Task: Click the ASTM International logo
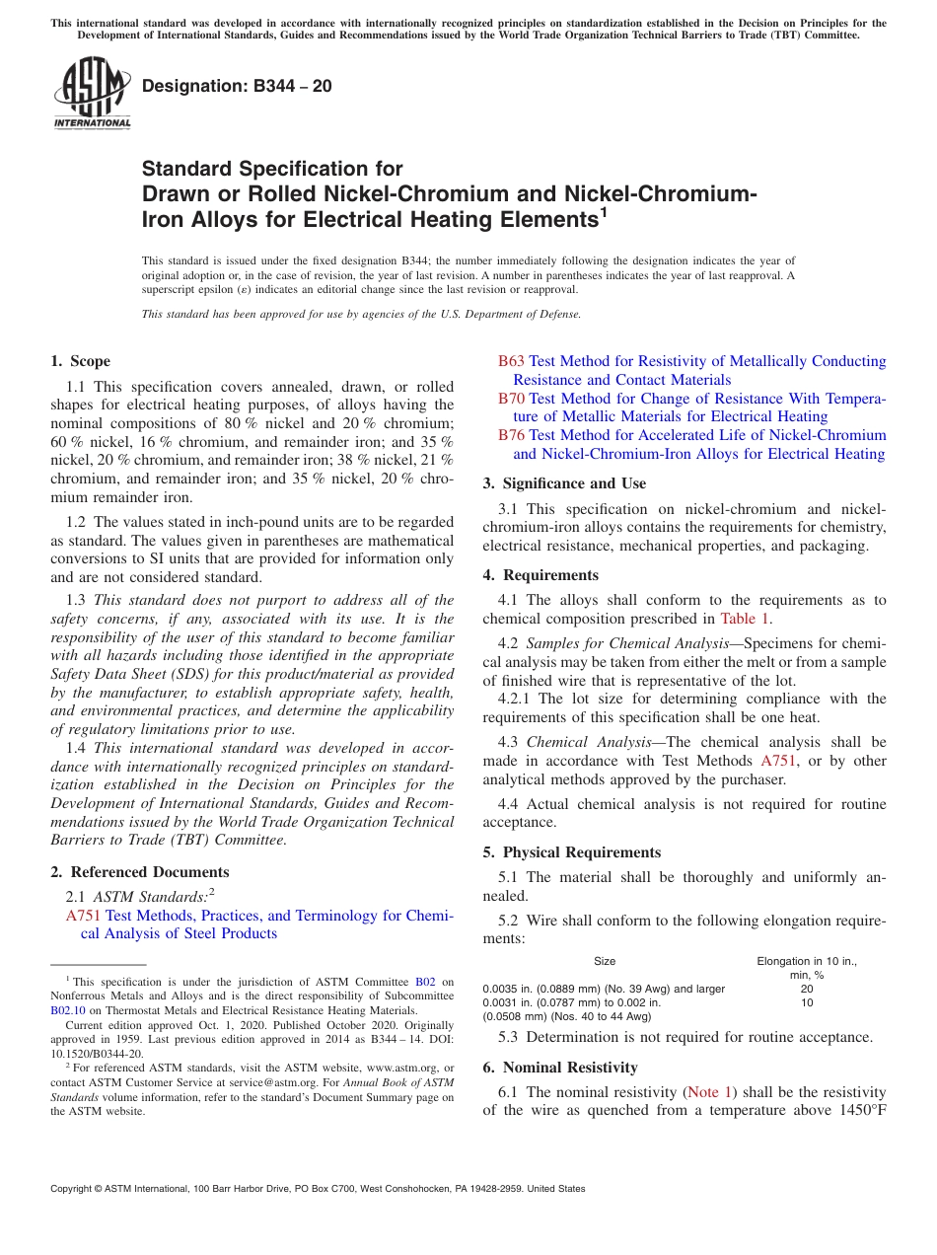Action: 92,94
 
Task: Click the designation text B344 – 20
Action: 237,87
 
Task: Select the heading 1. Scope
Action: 81,361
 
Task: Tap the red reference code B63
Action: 511,361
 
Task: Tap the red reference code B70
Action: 511,399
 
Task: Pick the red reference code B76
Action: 511,435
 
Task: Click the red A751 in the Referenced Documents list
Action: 83,916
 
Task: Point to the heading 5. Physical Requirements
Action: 572,852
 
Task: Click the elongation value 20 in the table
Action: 807,989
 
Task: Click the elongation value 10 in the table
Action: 807,1002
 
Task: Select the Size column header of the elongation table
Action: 605,961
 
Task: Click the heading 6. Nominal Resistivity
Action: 560,1068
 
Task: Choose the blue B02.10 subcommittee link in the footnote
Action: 68,1010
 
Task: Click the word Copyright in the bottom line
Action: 75,1189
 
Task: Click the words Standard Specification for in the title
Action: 272,169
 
